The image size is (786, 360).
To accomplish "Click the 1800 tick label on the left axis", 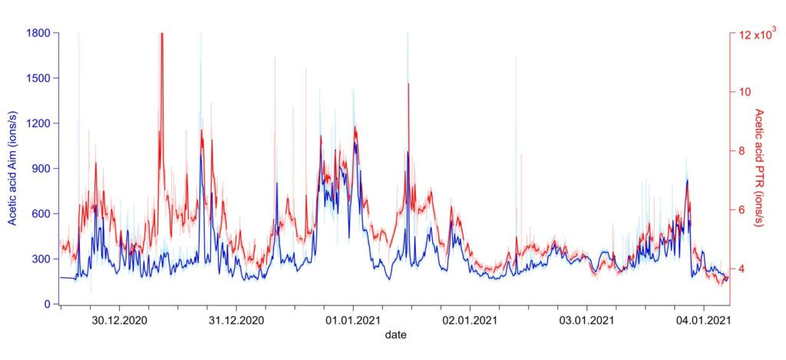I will point(38,33).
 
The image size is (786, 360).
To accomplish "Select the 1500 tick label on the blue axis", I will point(38,78).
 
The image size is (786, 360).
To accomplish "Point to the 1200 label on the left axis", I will point(38,124).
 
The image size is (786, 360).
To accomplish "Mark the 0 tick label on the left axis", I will point(47,305).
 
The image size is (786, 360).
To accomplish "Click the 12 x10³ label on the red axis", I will point(757,33).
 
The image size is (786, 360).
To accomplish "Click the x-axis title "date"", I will point(396,335).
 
